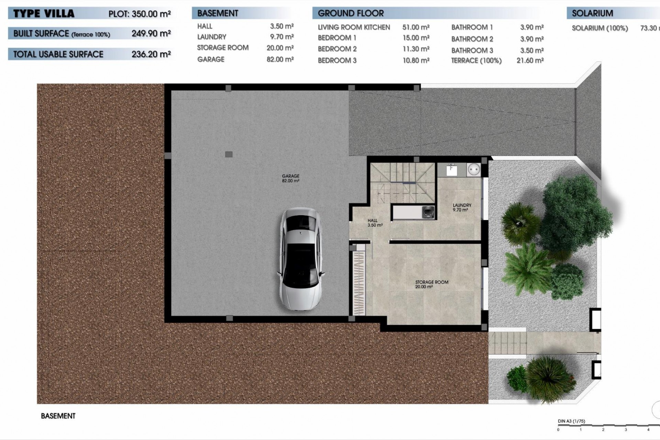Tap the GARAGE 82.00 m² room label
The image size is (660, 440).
[290, 178]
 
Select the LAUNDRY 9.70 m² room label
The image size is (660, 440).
[462, 207]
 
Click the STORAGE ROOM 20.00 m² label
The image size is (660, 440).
[431, 284]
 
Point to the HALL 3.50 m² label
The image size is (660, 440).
[374, 223]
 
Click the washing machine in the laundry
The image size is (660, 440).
[428, 210]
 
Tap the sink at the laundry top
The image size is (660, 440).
[451, 170]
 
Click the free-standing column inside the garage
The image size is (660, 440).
[229, 154]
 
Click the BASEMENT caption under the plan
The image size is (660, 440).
[58, 416]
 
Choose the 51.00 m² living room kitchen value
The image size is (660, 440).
[416, 27]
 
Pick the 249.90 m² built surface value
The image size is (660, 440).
[151, 34]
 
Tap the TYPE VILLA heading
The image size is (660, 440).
[44, 14]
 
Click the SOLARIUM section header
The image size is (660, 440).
[592, 13]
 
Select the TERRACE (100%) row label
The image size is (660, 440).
[476, 61]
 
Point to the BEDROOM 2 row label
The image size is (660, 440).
[337, 49]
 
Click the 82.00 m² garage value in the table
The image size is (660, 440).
[280, 59]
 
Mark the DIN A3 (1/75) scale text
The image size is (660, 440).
[571, 421]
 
